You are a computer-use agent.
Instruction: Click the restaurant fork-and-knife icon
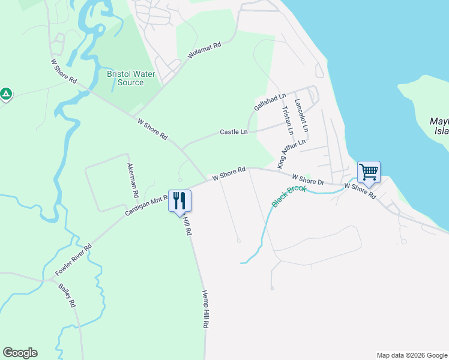pos(179,200)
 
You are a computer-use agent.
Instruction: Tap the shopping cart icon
pos(369,172)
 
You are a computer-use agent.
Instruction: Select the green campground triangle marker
pos(6,94)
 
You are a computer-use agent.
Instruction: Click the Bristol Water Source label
pos(131,78)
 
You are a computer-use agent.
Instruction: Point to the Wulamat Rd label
pos(205,49)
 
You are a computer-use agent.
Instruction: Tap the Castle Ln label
pos(234,131)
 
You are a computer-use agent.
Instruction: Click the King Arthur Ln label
pos(291,154)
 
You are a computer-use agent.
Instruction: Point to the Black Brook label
pos(289,196)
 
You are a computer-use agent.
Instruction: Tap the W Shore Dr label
pos(308,179)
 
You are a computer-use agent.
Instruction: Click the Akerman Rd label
pos(133,181)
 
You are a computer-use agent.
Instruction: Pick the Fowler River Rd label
pos(73,260)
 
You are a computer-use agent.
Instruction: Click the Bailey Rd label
pos(67,295)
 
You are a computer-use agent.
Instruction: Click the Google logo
pos(20,353)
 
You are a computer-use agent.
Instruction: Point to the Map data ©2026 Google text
pos(411,355)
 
